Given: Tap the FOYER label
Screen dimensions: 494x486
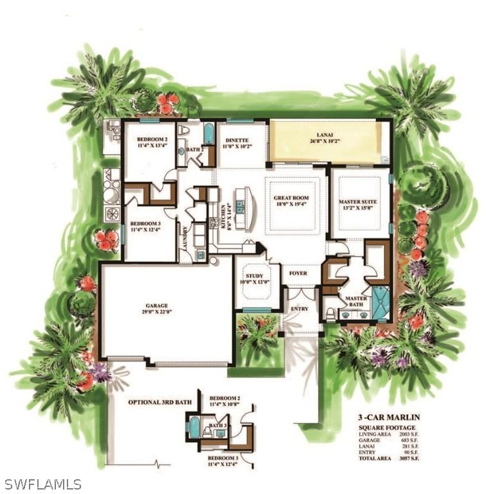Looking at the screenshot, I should click(x=297, y=273).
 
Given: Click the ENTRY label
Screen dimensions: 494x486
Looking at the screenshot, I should click(x=299, y=309).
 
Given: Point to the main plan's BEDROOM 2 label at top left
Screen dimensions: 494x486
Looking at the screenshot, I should click(x=152, y=142).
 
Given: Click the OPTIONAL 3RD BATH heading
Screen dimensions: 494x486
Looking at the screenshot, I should click(x=159, y=402).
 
